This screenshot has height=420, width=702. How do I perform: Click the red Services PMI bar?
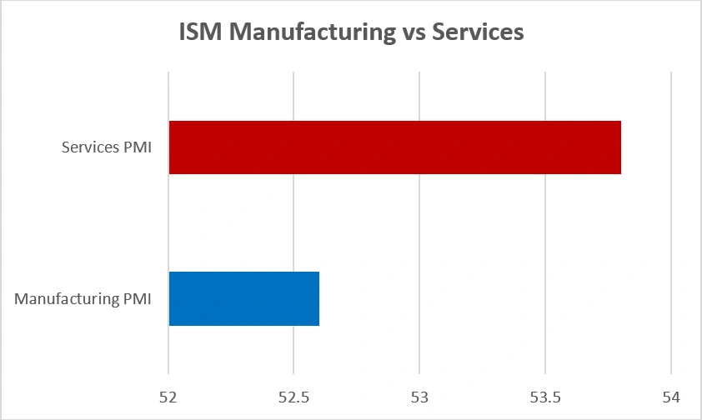[394, 147]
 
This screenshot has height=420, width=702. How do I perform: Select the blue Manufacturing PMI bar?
[243, 298]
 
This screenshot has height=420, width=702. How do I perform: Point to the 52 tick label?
[168, 397]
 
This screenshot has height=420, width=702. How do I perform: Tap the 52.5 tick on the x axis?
[293, 397]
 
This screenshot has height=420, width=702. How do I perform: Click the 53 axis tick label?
[419, 397]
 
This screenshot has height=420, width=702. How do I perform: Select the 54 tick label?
[670, 397]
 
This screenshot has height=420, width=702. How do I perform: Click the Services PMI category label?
[107, 147]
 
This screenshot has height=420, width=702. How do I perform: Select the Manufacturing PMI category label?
[83, 298]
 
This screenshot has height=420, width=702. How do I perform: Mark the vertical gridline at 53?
[419, 225]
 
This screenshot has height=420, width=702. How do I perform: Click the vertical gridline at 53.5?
[545, 225]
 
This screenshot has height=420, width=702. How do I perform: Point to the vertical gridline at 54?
[671, 225]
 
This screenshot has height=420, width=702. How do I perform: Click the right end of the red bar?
[619, 147]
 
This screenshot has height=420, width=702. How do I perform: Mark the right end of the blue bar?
[318, 298]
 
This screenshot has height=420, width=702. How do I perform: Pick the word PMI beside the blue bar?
[137, 298]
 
